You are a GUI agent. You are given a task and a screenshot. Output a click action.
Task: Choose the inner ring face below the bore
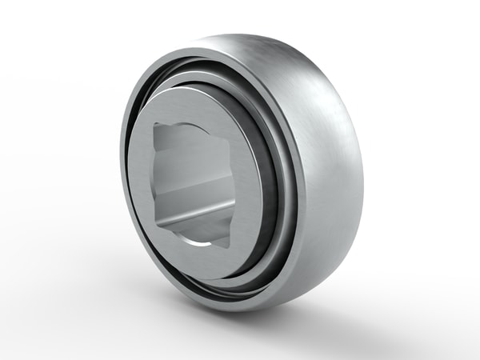204,260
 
